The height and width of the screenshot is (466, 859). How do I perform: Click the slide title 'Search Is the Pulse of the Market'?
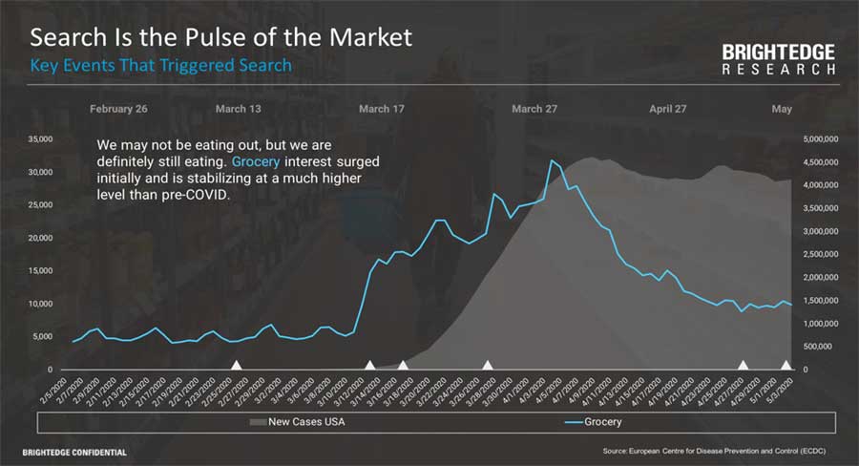click(x=221, y=38)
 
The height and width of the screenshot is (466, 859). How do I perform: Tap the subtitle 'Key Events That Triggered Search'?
click(x=160, y=66)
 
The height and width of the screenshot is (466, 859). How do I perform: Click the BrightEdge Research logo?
click(x=778, y=59)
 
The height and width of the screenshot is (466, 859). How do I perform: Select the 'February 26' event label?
click(x=118, y=109)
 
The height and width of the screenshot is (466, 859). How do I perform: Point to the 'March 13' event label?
click(x=238, y=109)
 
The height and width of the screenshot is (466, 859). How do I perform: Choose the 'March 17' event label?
click(x=382, y=109)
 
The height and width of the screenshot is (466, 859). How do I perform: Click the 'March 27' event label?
click(x=534, y=109)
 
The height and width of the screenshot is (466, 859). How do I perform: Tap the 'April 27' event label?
click(x=668, y=109)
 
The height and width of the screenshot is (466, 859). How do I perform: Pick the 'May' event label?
click(x=782, y=109)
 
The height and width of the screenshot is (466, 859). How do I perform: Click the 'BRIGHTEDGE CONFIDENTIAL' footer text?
click(x=74, y=451)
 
